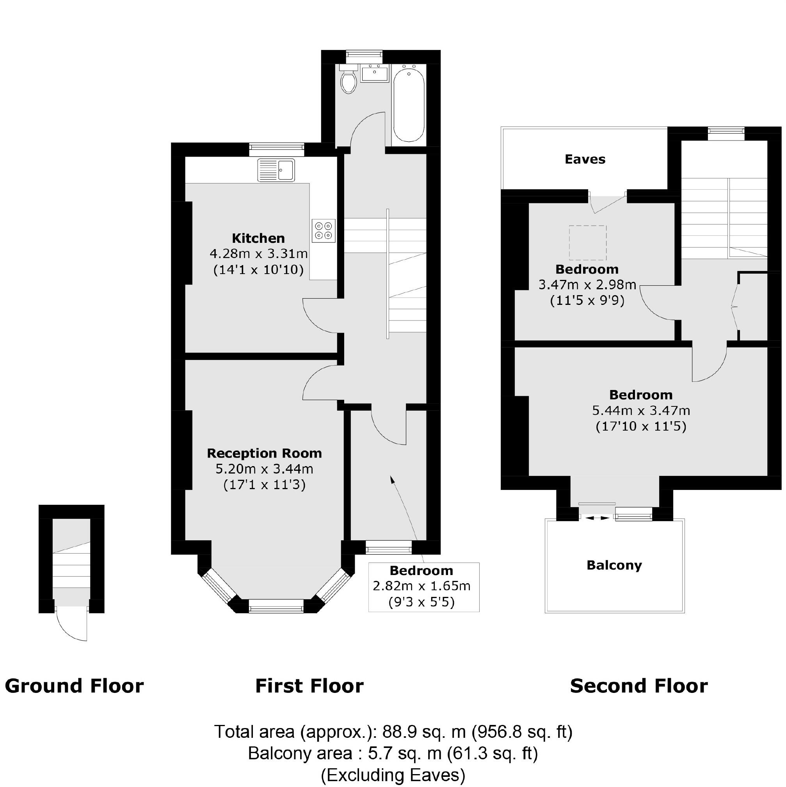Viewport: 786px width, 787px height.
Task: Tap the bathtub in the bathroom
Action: point(409,105)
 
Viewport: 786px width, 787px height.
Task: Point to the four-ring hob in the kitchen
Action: point(324,231)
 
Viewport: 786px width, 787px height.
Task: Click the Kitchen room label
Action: point(258,238)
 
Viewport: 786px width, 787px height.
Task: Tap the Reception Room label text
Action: point(264,453)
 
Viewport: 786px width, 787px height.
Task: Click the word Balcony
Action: point(614,565)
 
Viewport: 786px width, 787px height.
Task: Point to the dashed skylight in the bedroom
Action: point(588,243)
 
